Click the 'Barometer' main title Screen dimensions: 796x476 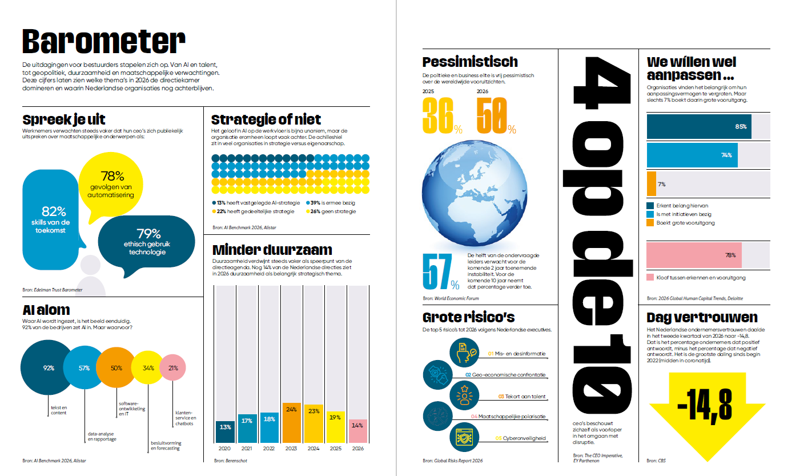click(104, 42)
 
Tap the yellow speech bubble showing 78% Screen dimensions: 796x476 click(111, 185)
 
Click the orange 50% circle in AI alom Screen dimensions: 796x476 click(116, 367)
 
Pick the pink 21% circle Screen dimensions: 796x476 click(172, 367)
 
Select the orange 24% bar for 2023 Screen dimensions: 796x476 click(291, 423)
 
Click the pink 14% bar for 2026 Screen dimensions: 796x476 click(357, 431)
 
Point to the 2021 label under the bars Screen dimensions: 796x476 click(247, 449)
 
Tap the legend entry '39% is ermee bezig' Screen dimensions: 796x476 click(331, 203)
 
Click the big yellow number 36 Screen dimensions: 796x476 click(438, 116)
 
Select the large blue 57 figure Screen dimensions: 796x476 click(437, 271)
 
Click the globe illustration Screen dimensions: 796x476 click(475, 193)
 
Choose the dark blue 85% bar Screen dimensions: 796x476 click(699, 126)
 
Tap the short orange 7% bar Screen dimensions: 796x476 click(652, 184)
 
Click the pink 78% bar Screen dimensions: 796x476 click(694, 255)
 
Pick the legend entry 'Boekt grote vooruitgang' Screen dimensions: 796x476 click(681, 223)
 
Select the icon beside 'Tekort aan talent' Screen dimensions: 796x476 click(464, 395)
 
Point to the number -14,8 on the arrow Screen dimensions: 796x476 click(705, 406)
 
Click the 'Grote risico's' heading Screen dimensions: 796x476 click(468, 317)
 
